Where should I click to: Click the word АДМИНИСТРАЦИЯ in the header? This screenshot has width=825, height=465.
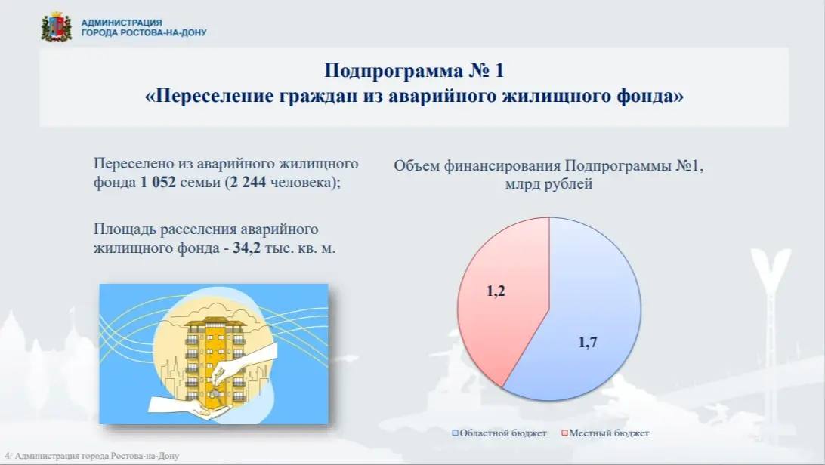coord(121,23)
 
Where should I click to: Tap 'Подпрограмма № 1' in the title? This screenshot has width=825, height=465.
coord(413,72)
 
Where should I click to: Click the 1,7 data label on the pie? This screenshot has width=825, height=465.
coord(588,343)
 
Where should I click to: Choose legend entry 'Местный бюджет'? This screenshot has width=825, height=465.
coord(609,433)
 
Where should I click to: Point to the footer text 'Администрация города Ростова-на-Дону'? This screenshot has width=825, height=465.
coord(96,457)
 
